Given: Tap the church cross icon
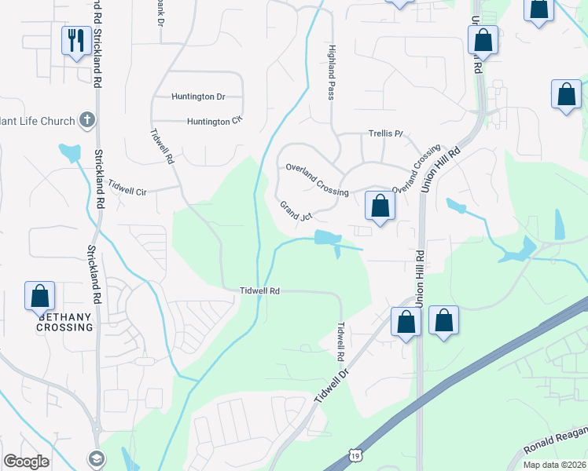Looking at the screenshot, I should click(x=87, y=121).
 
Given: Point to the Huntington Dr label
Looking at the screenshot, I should click(x=198, y=97).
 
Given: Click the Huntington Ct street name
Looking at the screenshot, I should click(x=214, y=121).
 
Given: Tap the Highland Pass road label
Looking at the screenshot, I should click(x=331, y=71).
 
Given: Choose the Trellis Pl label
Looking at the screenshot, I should click(x=385, y=134).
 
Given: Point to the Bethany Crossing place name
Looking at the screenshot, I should click(x=64, y=322).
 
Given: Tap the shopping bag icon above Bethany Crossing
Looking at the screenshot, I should click(x=39, y=296).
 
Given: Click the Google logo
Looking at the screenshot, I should click(x=26, y=461).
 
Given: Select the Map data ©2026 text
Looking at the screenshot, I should click(x=554, y=465).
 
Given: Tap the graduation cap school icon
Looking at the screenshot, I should click(x=95, y=458).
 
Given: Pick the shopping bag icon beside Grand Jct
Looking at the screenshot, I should click(x=380, y=206).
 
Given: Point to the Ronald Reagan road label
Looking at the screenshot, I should click(x=554, y=442).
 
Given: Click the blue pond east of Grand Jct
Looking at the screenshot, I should click(x=329, y=237).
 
